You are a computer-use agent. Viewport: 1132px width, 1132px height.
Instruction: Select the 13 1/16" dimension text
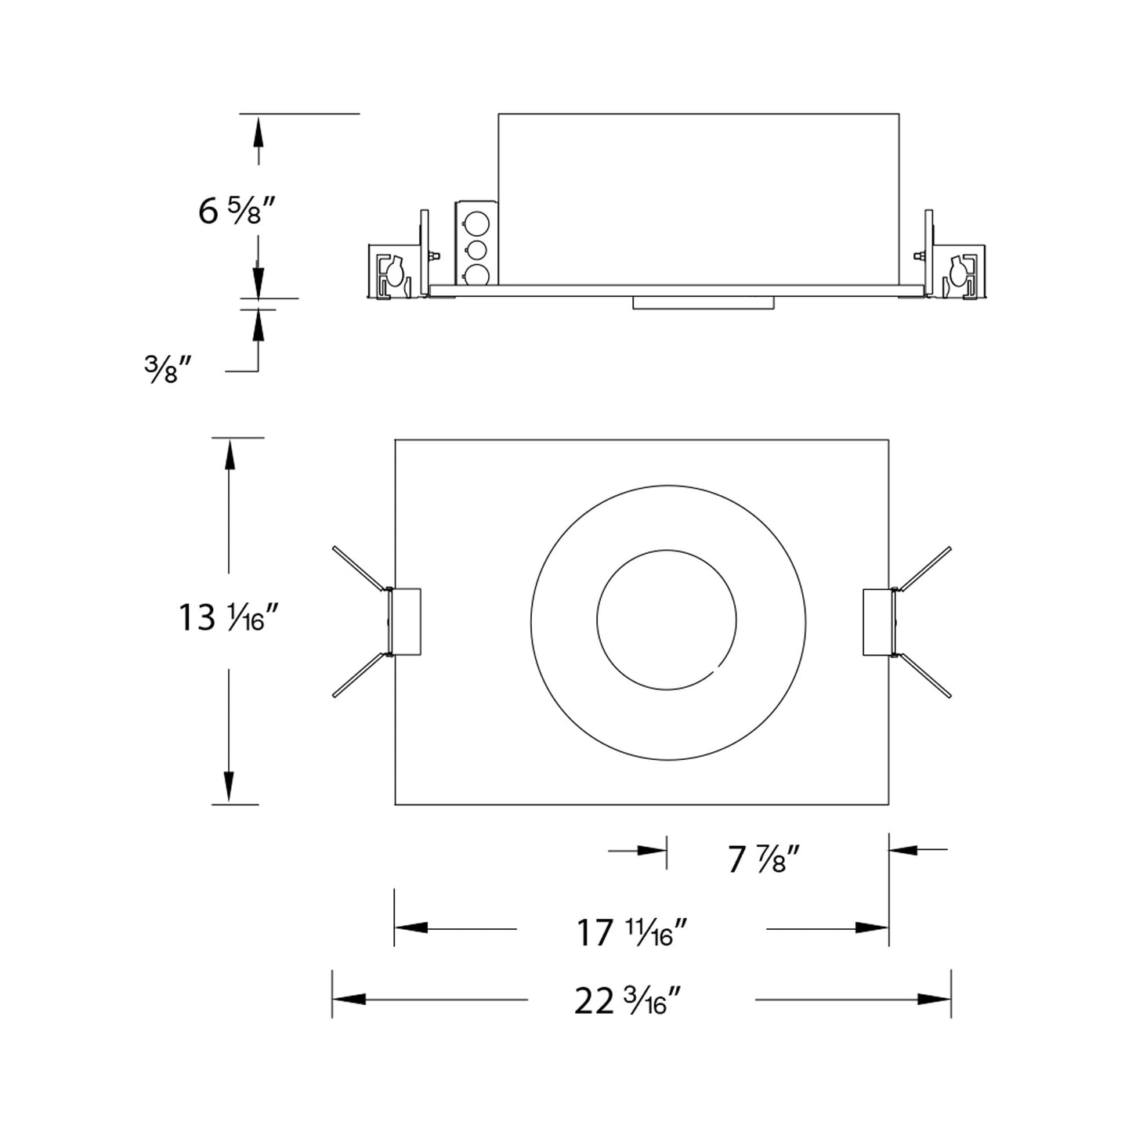(229, 619)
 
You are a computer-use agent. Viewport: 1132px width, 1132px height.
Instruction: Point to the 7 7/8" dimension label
(763, 861)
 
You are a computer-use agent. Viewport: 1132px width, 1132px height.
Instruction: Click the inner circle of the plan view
(666, 620)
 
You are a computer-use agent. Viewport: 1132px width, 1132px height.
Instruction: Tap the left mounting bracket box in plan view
(406, 621)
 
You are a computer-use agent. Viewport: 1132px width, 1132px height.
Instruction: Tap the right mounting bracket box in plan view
(877, 621)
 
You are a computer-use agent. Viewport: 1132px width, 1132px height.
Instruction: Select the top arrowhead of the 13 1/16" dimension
(229, 454)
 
